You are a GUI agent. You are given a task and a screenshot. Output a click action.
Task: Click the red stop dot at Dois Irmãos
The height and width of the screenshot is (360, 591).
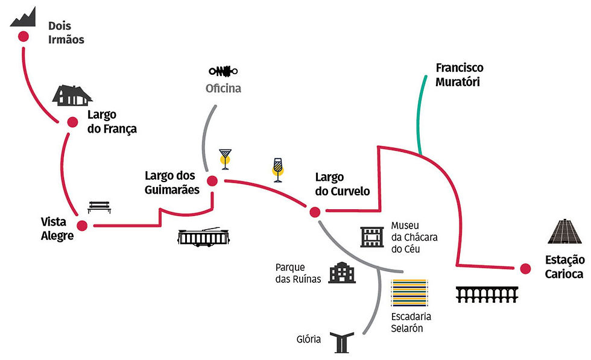23,37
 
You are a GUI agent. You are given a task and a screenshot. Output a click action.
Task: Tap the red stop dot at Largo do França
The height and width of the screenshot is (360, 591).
72,122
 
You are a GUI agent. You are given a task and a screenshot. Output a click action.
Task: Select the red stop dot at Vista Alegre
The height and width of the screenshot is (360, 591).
82,225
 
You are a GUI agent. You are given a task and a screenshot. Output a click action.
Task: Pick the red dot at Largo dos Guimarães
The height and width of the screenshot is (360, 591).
212,181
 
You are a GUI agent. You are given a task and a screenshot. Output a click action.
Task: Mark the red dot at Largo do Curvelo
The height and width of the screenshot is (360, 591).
314,212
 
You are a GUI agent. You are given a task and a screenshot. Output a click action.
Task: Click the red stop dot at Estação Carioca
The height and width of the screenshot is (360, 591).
525,268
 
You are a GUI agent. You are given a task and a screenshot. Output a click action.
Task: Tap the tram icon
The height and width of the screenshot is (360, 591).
204,237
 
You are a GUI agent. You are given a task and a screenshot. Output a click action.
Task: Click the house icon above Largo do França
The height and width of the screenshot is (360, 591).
72,95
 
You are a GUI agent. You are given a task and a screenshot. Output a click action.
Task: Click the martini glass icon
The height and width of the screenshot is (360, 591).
225,159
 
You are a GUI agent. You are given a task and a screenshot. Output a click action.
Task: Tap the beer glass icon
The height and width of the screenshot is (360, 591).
277,169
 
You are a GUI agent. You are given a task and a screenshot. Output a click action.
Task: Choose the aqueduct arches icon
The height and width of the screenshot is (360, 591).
487,294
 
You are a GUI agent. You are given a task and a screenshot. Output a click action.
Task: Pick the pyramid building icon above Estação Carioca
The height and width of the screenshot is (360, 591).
565,232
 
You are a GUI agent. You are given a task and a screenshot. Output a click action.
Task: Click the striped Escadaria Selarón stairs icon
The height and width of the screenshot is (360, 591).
409,294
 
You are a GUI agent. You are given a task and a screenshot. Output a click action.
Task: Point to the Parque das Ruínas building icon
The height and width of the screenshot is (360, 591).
342,273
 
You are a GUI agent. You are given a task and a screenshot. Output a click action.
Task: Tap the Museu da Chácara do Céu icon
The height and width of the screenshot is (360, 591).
372,237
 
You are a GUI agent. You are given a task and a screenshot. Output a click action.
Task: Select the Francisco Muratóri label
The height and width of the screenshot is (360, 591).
459,75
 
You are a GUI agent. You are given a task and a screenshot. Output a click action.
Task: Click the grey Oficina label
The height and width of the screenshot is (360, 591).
223,89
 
